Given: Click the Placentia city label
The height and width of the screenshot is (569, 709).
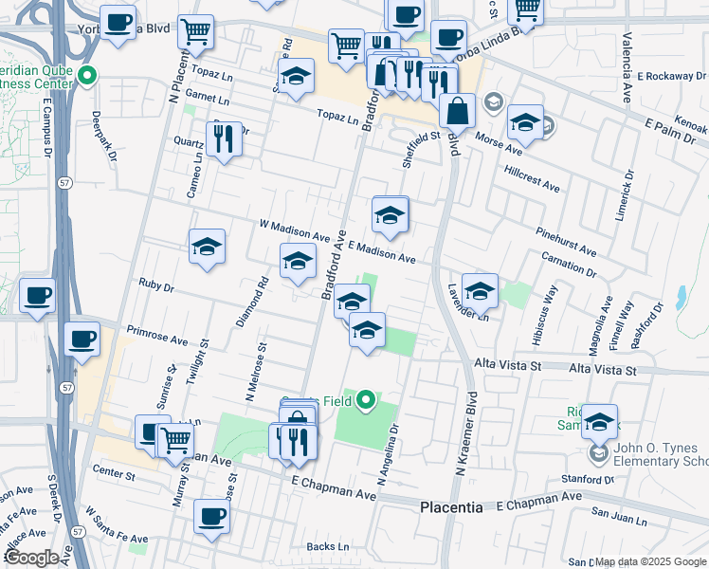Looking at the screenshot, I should pyautogui.click(x=451, y=508).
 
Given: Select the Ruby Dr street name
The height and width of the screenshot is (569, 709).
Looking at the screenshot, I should pyautogui.click(x=156, y=285).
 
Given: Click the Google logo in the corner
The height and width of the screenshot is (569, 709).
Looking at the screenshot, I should pyautogui.click(x=31, y=557).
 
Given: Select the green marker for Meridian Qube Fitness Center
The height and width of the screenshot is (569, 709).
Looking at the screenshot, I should pyautogui.click(x=88, y=75).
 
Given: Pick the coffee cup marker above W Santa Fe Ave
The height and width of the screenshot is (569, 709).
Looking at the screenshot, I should pyautogui.click(x=211, y=516).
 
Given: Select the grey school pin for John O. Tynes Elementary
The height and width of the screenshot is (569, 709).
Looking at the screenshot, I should pyautogui.click(x=597, y=455).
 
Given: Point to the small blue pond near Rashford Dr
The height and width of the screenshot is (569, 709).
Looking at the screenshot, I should pyautogui.click(x=681, y=302).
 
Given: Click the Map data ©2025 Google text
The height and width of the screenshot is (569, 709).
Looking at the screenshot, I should pyautogui.click(x=650, y=561).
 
